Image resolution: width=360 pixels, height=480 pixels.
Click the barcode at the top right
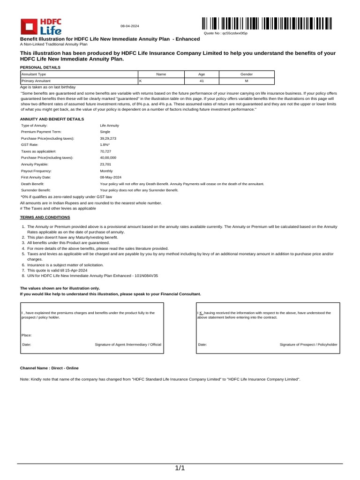pyautogui.click(x=267, y=23)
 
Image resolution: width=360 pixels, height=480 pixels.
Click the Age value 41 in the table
pyautogui.click(x=202, y=81)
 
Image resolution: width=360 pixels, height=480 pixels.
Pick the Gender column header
pyautogui.click(x=246, y=75)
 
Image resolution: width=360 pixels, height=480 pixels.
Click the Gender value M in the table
pyautogui.click(x=246, y=81)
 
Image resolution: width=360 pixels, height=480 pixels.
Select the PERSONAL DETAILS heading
pyautogui.click(x=40, y=67)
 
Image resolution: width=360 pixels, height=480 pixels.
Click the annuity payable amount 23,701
pyautogui.click(x=105, y=165)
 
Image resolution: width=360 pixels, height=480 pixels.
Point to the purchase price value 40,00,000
pyautogui.click(x=108, y=158)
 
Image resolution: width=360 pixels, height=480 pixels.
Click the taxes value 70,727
pyautogui.click(x=105, y=152)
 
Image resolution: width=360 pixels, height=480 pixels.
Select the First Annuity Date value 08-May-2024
pyautogui.click(x=111, y=178)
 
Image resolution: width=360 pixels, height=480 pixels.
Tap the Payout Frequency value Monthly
pyautogui.click(x=106, y=171)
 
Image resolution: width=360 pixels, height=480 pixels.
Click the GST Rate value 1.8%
pyautogui.click(x=105, y=145)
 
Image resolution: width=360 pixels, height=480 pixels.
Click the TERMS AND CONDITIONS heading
pyautogui.click(x=45, y=217)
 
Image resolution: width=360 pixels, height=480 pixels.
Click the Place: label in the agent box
pyautogui.click(x=27, y=335)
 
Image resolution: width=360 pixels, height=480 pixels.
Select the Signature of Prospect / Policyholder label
pyautogui.click(x=308, y=345)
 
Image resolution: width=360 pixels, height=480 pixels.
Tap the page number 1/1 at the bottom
pyautogui.click(x=180, y=468)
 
